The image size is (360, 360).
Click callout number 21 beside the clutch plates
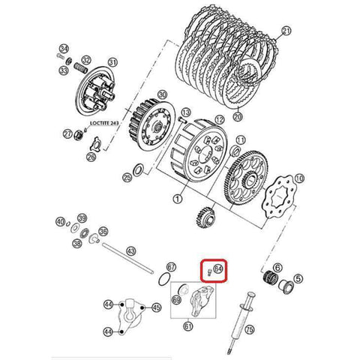pyautogui.click(x=285, y=31)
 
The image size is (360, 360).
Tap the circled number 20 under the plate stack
pyautogui.click(x=239, y=117)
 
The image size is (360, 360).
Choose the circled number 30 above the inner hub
pyautogui.click(x=161, y=95)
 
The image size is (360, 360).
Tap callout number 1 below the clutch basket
pyautogui.click(x=177, y=199)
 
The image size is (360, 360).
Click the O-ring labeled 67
pyautogui.click(x=171, y=268)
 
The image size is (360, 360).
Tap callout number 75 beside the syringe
pyautogui.click(x=250, y=328)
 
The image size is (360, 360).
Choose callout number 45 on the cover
pyautogui.click(x=156, y=307)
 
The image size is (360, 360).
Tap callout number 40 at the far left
pyautogui.click(x=60, y=222)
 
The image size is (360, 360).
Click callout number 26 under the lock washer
pyautogui.click(x=91, y=157)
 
